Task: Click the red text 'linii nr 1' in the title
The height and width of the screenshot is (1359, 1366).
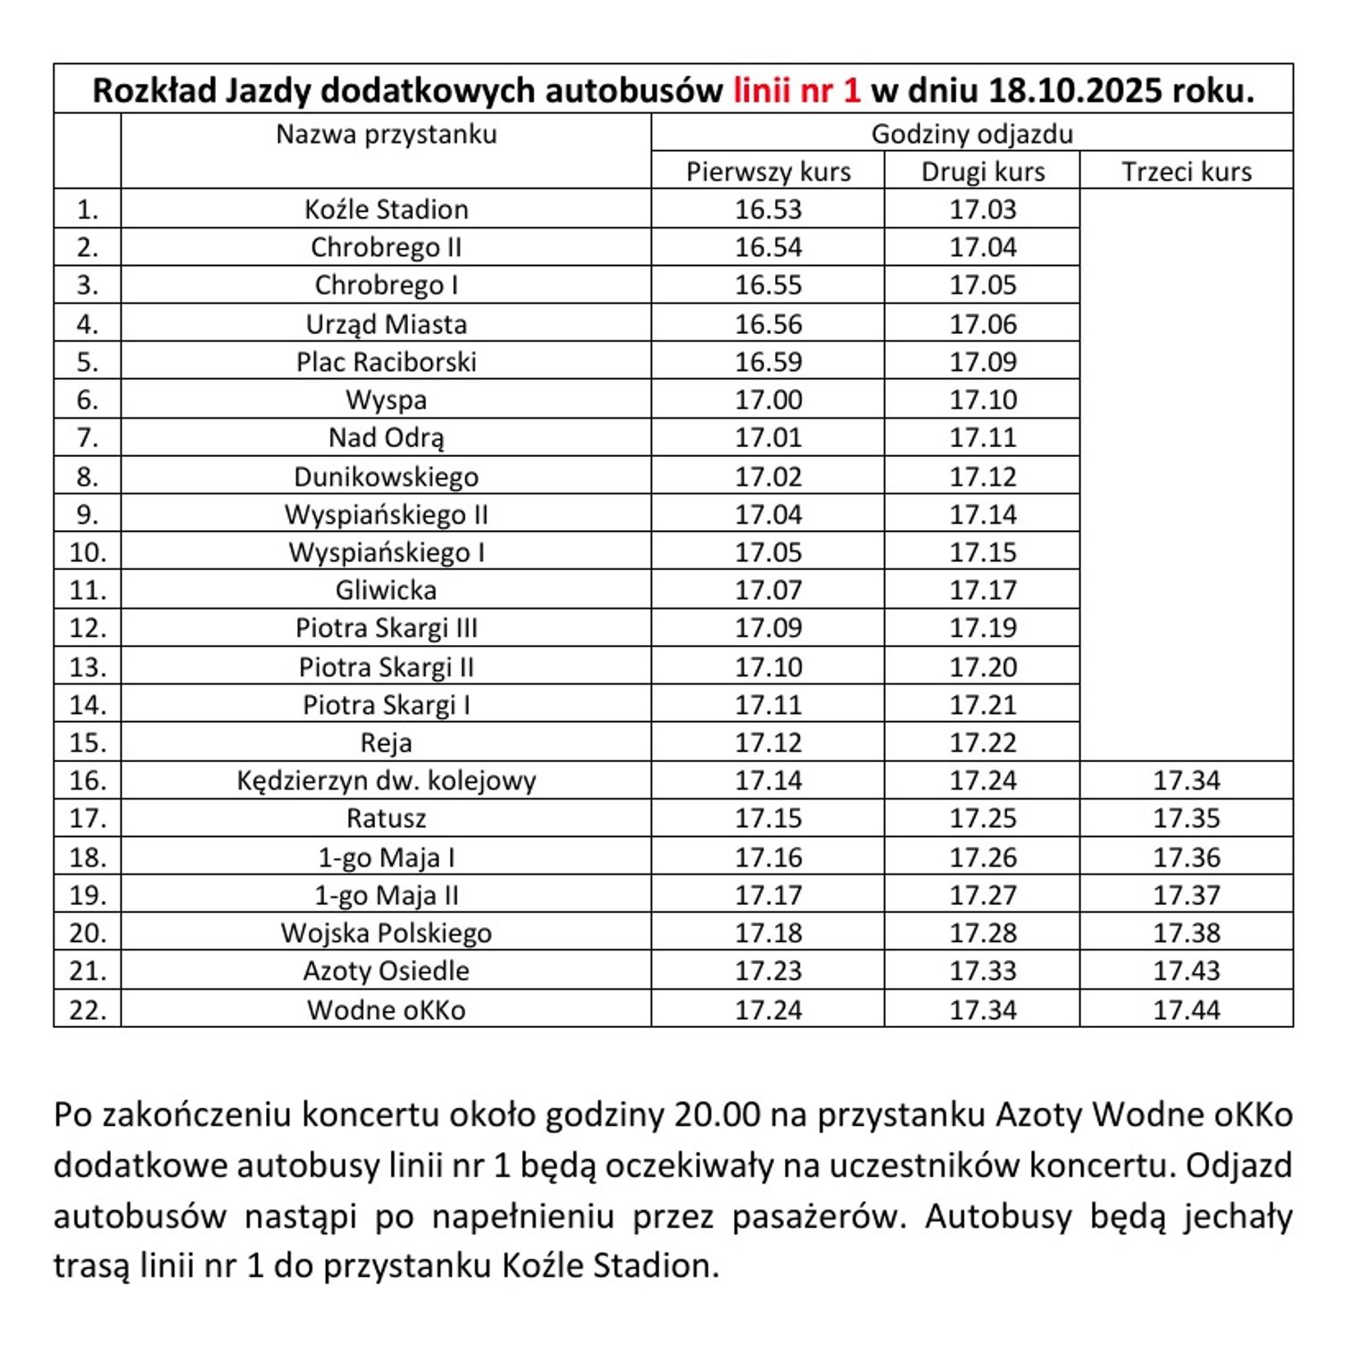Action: click(x=796, y=90)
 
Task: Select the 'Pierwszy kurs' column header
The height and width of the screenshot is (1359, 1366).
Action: click(x=768, y=171)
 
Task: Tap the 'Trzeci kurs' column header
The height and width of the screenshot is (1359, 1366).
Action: click(x=1186, y=171)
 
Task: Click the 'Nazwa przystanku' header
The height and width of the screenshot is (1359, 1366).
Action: click(x=386, y=134)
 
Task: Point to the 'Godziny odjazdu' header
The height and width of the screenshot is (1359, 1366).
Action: click(x=971, y=134)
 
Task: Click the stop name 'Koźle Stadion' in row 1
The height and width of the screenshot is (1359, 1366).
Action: click(x=386, y=209)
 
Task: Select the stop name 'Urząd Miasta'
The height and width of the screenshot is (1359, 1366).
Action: click(x=386, y=324)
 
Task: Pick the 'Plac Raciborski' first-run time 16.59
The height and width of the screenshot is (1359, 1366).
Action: click(x=768, y=361)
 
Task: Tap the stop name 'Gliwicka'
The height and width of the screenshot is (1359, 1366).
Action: click(x=386, y=590)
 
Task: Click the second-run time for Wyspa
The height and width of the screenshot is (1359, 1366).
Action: click(x=982, y=400)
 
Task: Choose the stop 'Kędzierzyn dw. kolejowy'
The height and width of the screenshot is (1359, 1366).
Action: click(x=386, y=780)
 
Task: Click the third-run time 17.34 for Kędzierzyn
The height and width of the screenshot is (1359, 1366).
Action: click(x=1186, y=780)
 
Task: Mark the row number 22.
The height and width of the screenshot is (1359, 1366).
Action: click(x=87, y=1009)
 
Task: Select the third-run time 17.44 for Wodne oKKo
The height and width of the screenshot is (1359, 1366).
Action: click(x=1186, y=1009)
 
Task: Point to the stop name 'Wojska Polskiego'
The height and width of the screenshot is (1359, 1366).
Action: click(x=386, y=932)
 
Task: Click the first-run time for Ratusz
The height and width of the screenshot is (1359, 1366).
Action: click(x=768, y=818)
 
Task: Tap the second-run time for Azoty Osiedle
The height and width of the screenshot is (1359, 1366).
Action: click(x=982, y=970)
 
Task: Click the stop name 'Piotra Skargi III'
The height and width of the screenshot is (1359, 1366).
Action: click(x=386, y=627)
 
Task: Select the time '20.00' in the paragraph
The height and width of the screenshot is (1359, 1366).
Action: click(x=717, y=1115)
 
